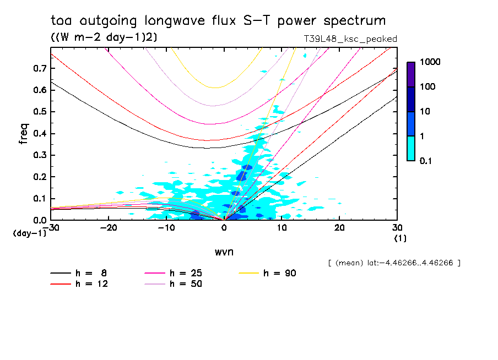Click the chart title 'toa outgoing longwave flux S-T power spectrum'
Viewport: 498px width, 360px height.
pos(218,21)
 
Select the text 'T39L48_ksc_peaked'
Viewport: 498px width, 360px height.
pos(350,39)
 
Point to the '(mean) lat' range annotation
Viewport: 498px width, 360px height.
pos(394,263)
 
